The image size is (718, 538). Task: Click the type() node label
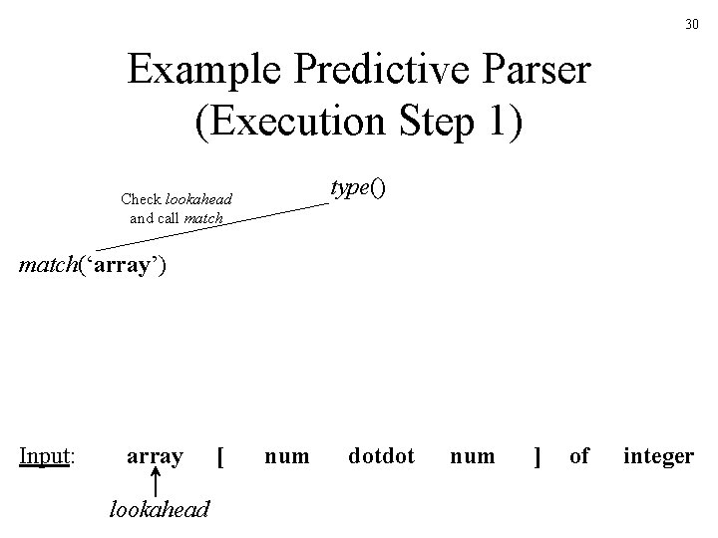point(357,188)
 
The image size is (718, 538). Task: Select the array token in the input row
point(155,456)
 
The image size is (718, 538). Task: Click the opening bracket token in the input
point(219,457)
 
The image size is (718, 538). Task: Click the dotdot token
point(381,456)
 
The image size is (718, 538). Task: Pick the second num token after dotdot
point(472,456)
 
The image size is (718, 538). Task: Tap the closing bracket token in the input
point(538,457)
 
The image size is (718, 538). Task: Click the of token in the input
point(579,456)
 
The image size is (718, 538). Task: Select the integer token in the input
point(658,457)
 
